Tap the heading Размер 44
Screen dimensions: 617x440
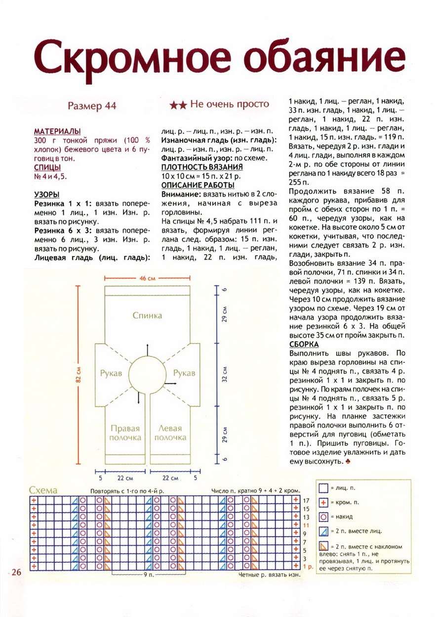pyautogui.click(x=92, y=106)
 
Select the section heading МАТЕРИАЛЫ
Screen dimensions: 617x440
pyautogui.click(x=57, y=132)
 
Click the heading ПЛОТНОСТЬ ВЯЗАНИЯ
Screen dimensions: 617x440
pyautogui.click(x=201, y=167)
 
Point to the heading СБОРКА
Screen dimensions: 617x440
pyautogui.click(x=304, y=344)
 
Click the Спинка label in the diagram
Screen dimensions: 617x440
pyautogui.click(x=147, y=315)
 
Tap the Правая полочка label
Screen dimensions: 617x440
pyautogui.click(x=125, y=433)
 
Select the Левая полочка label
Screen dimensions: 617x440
pyautogui.click(x=170, y=433)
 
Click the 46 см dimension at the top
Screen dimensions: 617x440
pyautogui.click(x=147, y=279)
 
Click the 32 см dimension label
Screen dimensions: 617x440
pyautogui.click(x=225, y=374)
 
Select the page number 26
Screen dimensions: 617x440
pyautogui.click(x=15, y=572)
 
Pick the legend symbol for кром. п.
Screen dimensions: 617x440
pyautogui.click(x=323, y=502)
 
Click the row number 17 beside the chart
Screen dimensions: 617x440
pyautogui.click(x=306, y=501)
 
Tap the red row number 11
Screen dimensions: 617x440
pyautogui.click(x=306, y=525)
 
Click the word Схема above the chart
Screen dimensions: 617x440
pyautogui.click(x=43, y=490)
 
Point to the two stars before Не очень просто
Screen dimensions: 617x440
pyautogui.click(x=177, y=105)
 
